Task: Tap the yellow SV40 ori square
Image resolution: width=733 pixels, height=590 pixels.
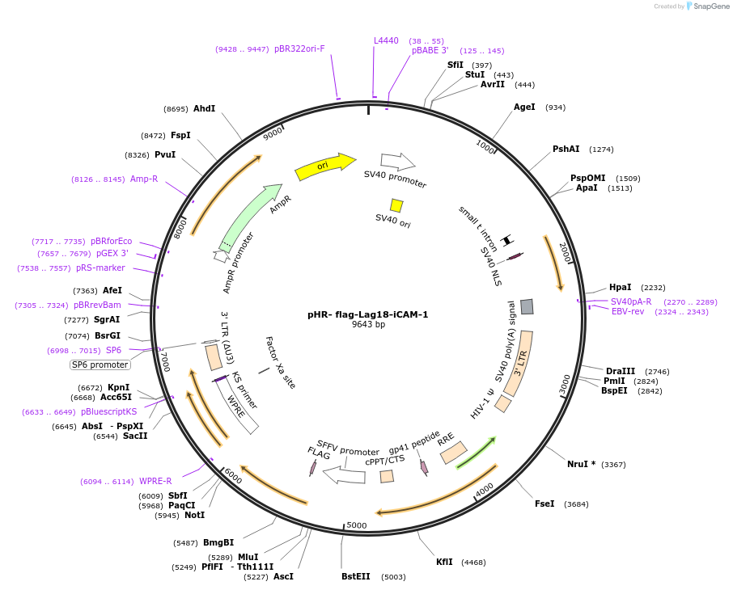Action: coord(396,205)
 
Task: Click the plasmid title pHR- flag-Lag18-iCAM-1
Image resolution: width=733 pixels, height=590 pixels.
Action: coord(367,314)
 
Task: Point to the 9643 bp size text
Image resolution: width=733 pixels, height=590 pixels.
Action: coord(368,325)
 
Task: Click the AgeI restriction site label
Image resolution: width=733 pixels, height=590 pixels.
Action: coord(524,107)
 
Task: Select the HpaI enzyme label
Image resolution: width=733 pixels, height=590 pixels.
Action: coord(620,287)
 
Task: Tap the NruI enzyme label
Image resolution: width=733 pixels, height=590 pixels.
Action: coord(581,464)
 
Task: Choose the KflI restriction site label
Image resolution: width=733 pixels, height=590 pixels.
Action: coord(444,562)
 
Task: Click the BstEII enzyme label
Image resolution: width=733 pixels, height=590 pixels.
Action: coord(356,576)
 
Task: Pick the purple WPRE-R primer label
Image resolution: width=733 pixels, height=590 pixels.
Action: coord(155,481)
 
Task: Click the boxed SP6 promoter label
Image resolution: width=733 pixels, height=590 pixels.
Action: coord(100,365)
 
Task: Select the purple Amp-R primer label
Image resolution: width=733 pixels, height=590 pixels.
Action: coord(144,179)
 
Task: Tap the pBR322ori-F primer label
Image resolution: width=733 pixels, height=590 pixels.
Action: coord(299,48)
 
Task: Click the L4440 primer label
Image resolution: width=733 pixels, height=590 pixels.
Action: coord(386,40)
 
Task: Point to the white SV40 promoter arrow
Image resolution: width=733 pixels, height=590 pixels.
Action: coord(398,161)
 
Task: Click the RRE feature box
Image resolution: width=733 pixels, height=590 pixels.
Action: coord(453,453)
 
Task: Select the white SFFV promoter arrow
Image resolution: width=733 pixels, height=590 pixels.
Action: coord(344,474)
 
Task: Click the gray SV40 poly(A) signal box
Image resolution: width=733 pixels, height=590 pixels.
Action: coord(527,306)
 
